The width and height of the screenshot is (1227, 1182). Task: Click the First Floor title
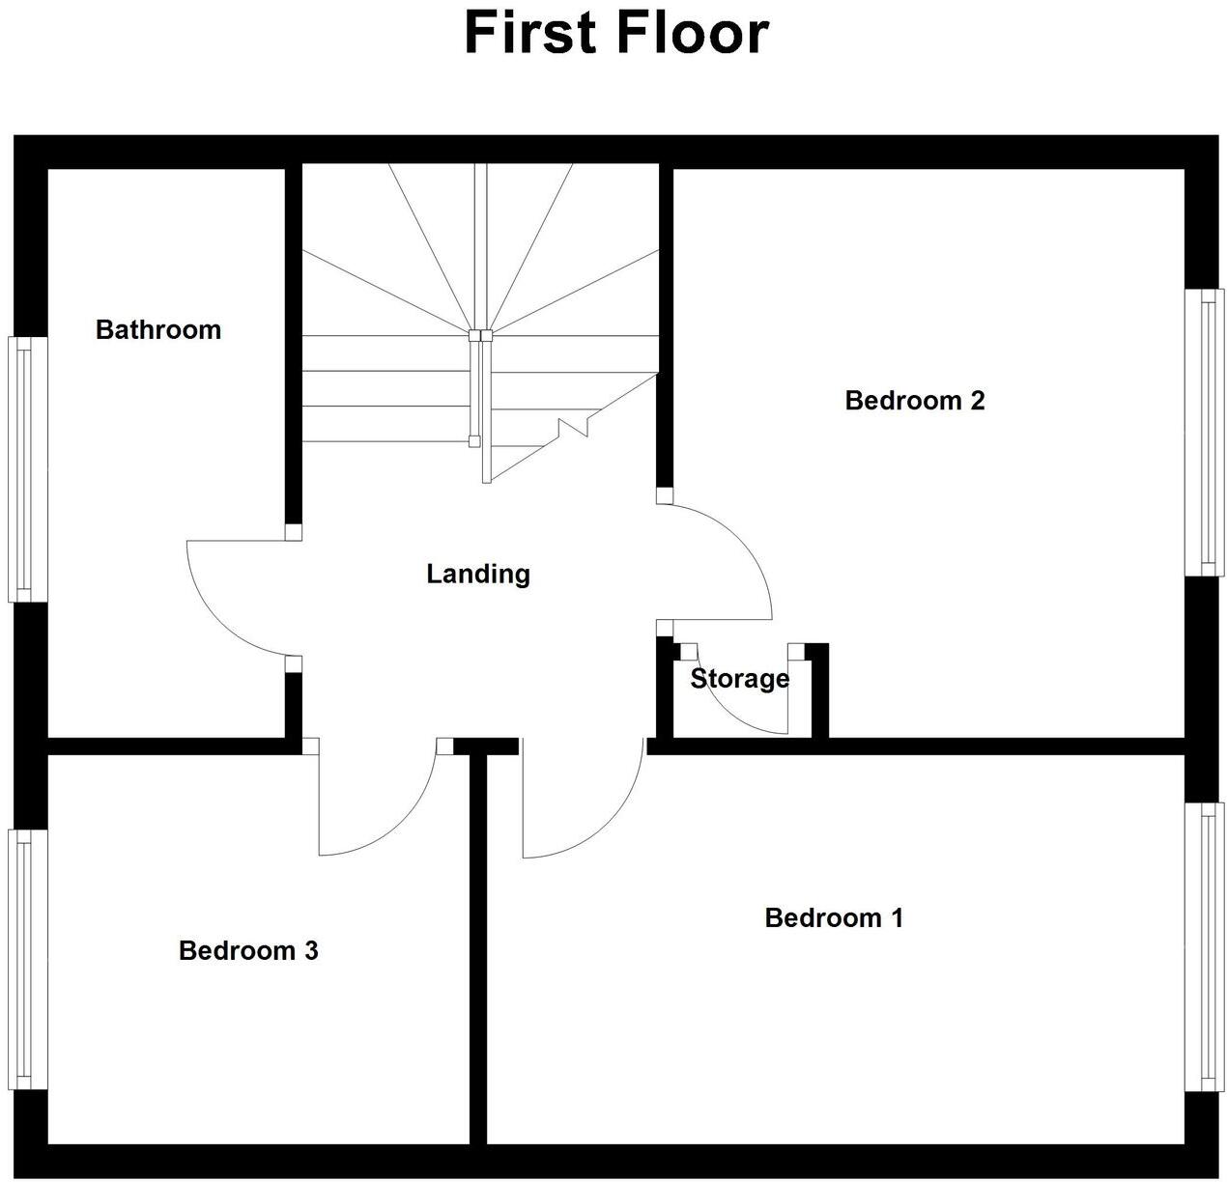coord(616,32)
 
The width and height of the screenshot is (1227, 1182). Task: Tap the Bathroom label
coord(158,330)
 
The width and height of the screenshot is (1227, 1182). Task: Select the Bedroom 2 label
coord(914,401)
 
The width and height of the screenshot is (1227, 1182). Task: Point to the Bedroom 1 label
coord(833,917)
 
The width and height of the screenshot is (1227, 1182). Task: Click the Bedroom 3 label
coord(248,951)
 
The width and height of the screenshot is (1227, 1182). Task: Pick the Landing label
coord(478,575)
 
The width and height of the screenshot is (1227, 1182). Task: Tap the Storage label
coord(739,679)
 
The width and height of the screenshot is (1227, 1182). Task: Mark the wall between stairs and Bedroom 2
coord(665,328)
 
